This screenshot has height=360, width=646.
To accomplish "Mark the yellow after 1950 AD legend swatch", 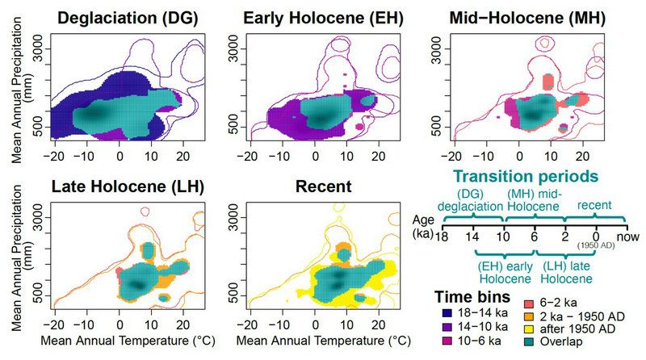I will (x=527, y=328).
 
